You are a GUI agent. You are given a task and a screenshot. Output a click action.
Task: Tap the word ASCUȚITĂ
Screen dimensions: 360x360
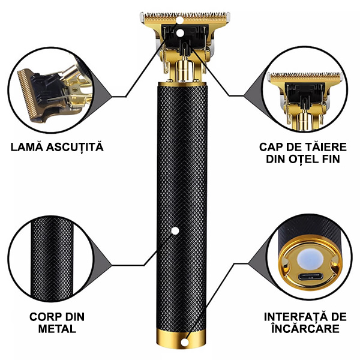[75, 147]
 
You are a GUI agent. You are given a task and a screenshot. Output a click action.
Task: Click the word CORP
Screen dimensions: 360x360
[43, 317]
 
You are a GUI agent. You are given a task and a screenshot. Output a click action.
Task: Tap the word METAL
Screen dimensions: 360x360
[57, 329]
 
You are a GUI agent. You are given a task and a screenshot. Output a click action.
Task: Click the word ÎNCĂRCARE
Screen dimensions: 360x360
[305, 328]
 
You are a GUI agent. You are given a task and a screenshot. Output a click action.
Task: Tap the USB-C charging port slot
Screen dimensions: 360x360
[309, 277]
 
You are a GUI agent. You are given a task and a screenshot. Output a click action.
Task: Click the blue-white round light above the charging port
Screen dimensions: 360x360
[310, 259]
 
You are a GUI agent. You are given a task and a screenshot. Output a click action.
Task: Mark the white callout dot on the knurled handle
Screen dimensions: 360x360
[175, 231]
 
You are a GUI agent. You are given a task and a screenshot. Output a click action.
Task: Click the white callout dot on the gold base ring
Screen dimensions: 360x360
[184, 343]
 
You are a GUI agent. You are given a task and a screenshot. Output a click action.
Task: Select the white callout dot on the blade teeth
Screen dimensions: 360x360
[181, 20]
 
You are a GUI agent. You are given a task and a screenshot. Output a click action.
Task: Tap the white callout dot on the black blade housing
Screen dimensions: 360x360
[181, 33]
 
